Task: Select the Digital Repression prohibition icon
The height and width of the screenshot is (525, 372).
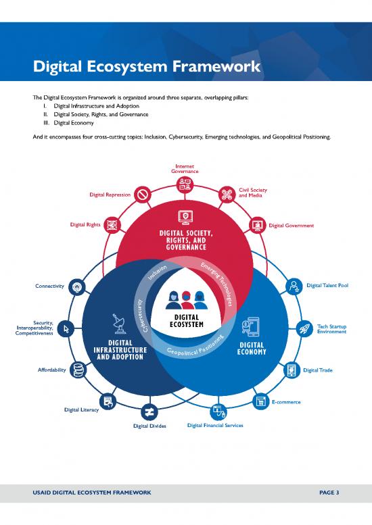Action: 143,195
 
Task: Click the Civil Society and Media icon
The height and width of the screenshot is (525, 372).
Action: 227,195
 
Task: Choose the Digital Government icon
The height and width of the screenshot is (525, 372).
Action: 258,225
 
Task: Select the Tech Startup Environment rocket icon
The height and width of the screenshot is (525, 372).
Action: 304,328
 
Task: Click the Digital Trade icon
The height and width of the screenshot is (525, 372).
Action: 292,370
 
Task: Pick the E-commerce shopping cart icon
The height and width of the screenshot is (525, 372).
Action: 260,401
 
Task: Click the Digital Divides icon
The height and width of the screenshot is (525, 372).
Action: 149,411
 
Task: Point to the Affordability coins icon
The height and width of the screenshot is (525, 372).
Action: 78,370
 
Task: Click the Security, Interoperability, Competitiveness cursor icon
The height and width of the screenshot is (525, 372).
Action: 66,328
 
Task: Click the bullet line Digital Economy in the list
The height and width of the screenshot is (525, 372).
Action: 75,123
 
